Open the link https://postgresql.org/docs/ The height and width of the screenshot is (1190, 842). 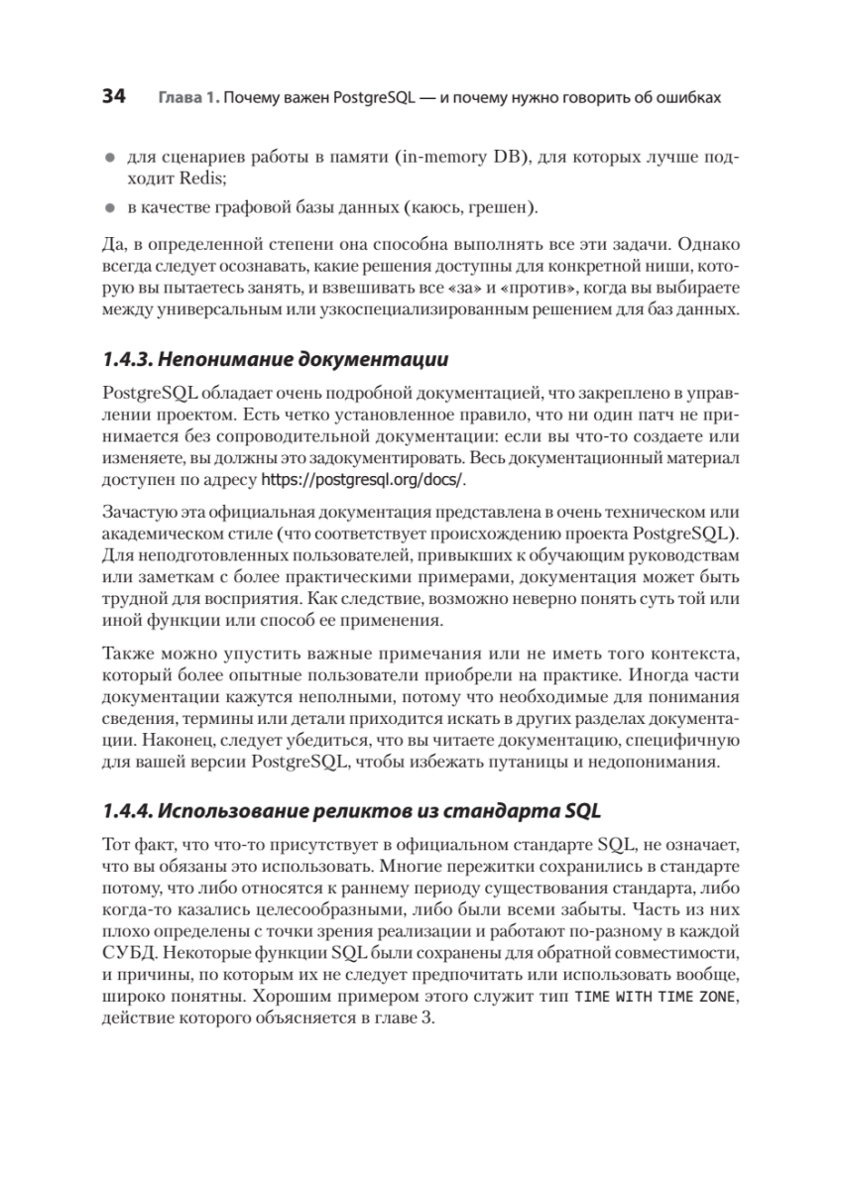tap(362, 480)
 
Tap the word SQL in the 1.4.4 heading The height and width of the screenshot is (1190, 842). tap(582, 810)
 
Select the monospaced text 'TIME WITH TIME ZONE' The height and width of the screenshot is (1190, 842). tap(657, 997)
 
